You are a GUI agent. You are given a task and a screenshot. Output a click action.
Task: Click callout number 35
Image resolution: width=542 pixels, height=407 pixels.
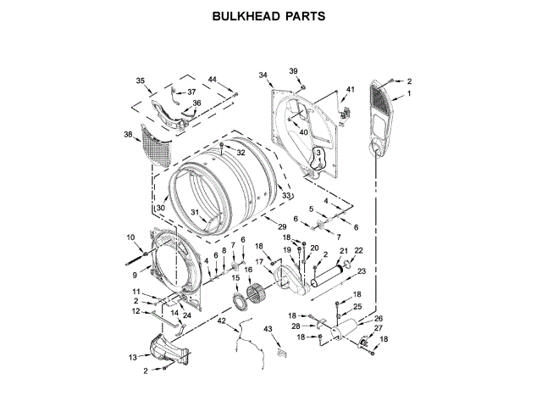click(141, 81)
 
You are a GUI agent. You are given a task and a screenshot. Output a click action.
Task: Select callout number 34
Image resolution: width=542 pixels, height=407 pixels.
click(263, 75)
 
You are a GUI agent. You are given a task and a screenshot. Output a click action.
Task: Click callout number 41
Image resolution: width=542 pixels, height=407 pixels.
click(350, 90)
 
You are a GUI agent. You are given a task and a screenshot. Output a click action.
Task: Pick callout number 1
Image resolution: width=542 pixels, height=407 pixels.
click(409, 94)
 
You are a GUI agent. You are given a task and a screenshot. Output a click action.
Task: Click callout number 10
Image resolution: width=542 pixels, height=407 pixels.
click(130, 237)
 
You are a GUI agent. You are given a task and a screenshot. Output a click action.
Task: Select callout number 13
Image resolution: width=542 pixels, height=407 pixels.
click(132, 357)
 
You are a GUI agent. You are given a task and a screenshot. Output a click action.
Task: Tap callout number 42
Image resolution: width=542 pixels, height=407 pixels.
click(222, 322)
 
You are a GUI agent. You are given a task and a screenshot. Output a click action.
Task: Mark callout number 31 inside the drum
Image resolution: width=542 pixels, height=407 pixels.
click(194, 212)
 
